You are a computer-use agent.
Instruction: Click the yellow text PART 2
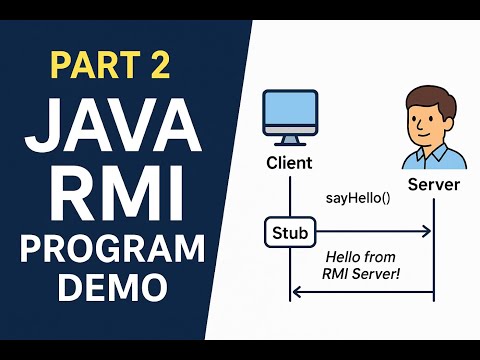111,66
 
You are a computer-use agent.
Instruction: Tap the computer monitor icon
290,114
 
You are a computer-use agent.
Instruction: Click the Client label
290,163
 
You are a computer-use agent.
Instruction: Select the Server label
435,185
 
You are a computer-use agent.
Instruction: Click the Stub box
290,233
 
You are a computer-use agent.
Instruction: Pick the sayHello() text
358,198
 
